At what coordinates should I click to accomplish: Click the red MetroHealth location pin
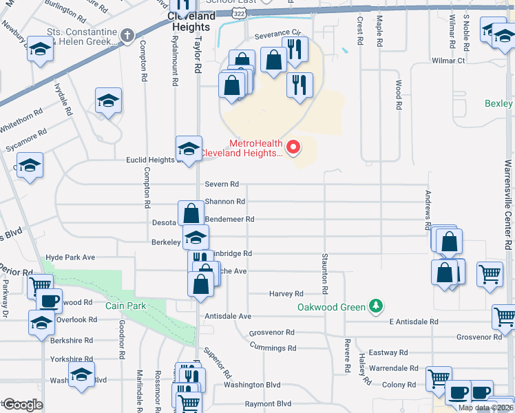coord(293,147)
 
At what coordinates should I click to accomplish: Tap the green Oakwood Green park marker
coord(375,305)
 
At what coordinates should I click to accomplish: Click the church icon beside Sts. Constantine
coord(127,34)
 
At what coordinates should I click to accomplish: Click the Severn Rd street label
coord(222,184)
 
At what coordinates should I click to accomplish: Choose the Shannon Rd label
coord(225,202)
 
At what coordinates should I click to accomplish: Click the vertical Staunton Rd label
coord(324,269)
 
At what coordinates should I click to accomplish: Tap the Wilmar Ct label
coord(448,61)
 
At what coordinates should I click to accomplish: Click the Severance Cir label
coord(278,33)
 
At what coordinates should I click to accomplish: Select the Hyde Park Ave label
coord(70,257)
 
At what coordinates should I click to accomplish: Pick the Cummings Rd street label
coord(273,348)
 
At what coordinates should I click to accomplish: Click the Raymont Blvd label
coord(250,403)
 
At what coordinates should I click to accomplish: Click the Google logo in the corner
coord(23,405)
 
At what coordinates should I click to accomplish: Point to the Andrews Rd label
coord(428,210)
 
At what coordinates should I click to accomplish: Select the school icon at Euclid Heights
coord(188,147)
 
